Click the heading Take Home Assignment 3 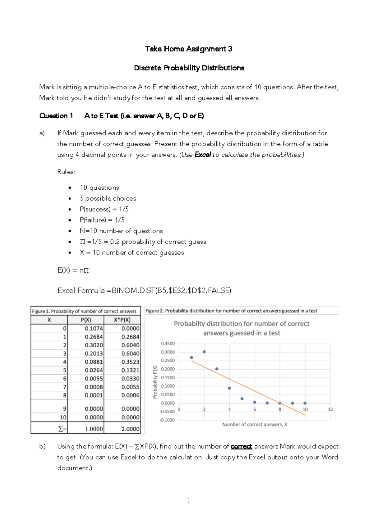click(x=189, y=49)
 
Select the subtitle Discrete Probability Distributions click(x=189, y=68)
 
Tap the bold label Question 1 click(x=56, y=116)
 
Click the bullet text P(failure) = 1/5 click(x=102, y=220)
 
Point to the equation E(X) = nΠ click(x=73, y=270)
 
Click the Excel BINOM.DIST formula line click(x=144, y=291)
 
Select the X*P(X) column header click(x=122, y=320)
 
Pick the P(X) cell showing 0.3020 click(x=94, y=345)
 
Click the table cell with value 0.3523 click(x=130, y=362)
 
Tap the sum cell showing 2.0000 click(x=130, y=429)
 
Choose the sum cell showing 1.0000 click(x=94, y=429)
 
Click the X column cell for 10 click(x=63, y=417)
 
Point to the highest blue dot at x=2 click(x=204, y=352)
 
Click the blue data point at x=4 click(x=229, y=388)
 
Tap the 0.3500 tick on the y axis click(x=168, y=344)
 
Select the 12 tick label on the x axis click(x=330, y=409)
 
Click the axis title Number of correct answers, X click(x=255, y=424)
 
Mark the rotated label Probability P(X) click(x=155, y=382)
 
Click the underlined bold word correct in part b click(x=241, y=447)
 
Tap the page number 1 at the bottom click(x=189, y=501)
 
